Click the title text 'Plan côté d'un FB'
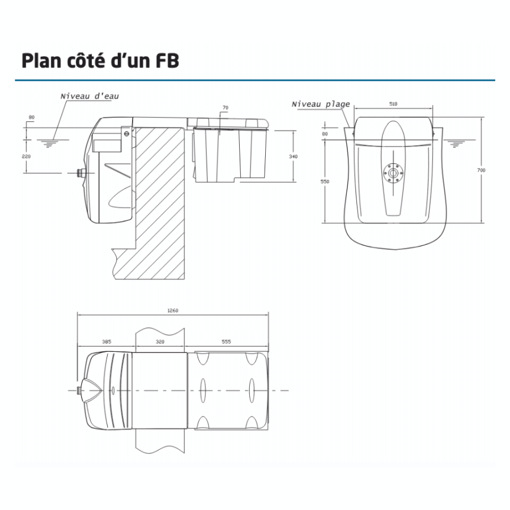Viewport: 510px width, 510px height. [x=100, y=61]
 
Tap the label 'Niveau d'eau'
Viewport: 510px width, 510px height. [x=90, y=96]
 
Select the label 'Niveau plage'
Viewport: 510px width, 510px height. [x=321, y=104]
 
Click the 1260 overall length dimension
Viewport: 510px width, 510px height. [x=173, y=310]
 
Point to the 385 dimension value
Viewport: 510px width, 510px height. [x=106, y=342]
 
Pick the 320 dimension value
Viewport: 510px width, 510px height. [x=160, y=342]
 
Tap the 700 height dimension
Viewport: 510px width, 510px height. [x=481, y=169]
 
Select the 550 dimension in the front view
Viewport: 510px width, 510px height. [x=324, y=181]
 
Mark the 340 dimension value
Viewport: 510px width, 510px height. [x=293, y=156]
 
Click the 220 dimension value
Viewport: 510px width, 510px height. [x=27, y=156]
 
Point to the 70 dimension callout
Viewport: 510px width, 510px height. [x=225, y=107]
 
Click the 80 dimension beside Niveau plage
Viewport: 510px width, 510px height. [x=324, y=134]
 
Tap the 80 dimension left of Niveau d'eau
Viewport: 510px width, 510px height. [x=31, y=118]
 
